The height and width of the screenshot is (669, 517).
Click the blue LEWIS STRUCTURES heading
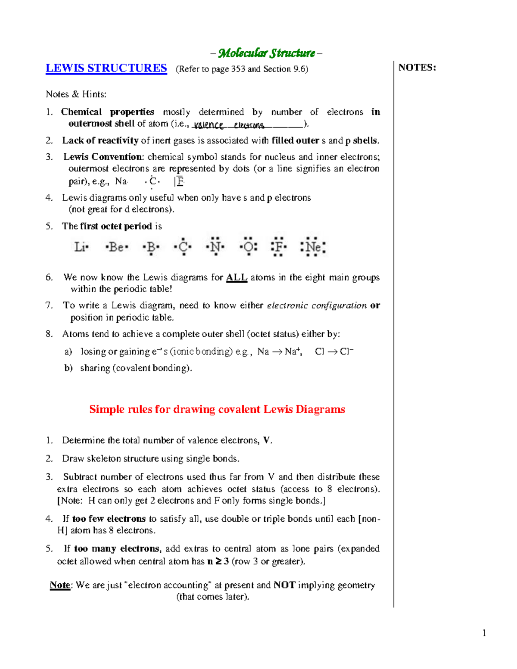pos(106,68)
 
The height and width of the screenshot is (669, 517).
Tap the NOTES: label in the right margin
pos(417,67)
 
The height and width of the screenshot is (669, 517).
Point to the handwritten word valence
pos(209,125)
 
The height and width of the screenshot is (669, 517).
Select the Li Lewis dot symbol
pos(81,247)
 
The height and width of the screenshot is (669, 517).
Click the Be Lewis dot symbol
pos(116,247)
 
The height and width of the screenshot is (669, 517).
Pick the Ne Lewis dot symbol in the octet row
pos(313,247)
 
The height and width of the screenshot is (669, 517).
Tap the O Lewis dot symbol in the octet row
pos(249,247)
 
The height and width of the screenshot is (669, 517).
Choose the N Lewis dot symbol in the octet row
pos(215,247)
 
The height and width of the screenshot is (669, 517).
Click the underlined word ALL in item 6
pos(237,277)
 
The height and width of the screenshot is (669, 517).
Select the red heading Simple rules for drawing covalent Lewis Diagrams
pos(217,409)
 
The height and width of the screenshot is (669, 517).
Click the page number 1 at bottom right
pos(484,633)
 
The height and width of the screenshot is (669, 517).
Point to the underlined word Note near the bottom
pos(60,585)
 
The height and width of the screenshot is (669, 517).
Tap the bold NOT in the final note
pos(284,585)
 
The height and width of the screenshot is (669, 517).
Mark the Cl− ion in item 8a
pos(346,352)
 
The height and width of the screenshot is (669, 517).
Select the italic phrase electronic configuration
pos(317,305)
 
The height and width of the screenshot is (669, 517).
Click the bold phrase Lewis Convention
pos(103,157)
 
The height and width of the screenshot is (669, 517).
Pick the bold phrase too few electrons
pos(109,519)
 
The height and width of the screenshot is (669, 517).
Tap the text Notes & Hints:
pos(76,94)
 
